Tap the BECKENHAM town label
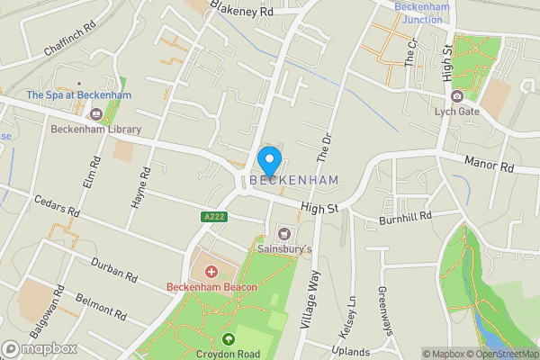[x=294, y=181]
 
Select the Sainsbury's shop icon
[x=285, y=232]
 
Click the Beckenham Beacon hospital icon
[x=212, y=271]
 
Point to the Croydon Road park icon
[x=229, y=339]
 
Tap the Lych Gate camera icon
[x=457, y=96]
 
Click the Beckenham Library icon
[x=96, y=113]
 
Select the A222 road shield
[x=211, y=217]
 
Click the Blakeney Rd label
[x=241, y=10]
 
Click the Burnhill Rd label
[x=406, y=217]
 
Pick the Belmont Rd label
[x=101, y=305]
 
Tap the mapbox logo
[x=39, y=348]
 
